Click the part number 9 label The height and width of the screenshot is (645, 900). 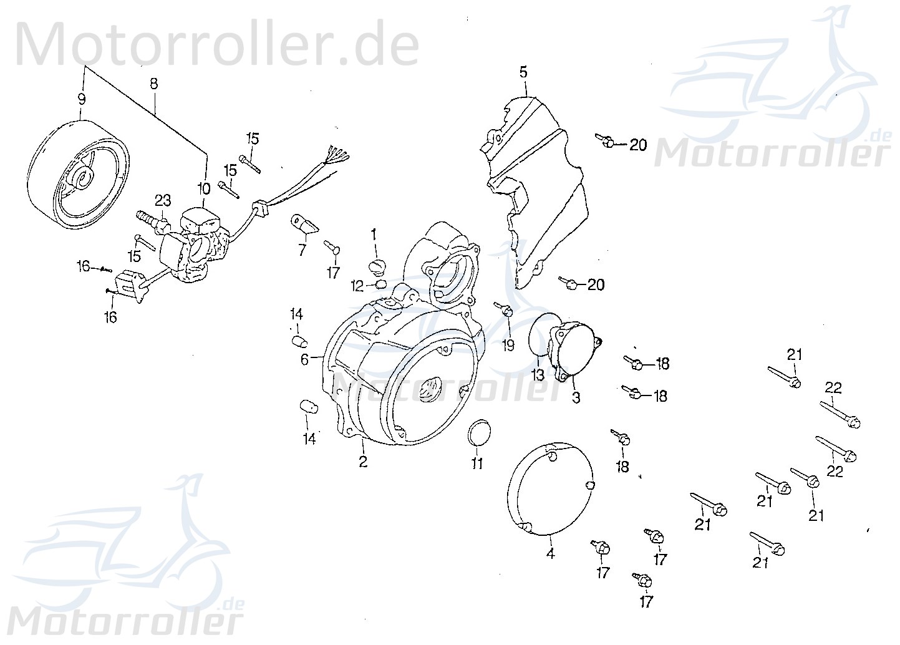click(x=81, y=99)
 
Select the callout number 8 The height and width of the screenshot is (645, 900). click(x=153, y=83)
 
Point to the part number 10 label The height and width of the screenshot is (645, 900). click(x=205, y=187)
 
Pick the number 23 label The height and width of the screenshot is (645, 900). click(x=163, y=200)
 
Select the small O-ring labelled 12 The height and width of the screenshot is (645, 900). click(x=380, y=285)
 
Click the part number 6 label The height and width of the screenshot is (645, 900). click(x=304, y=359)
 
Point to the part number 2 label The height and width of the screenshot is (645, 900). click(x=363, y=462)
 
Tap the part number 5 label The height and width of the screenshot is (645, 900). click(x=523, y=72)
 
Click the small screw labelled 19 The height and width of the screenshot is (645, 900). click(x=505, y=309)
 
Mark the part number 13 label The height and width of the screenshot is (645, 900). click(x=538, y=375)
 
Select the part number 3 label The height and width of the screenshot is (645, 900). click(x=576, y=397)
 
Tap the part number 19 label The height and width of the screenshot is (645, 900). click(x=508, y=345)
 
